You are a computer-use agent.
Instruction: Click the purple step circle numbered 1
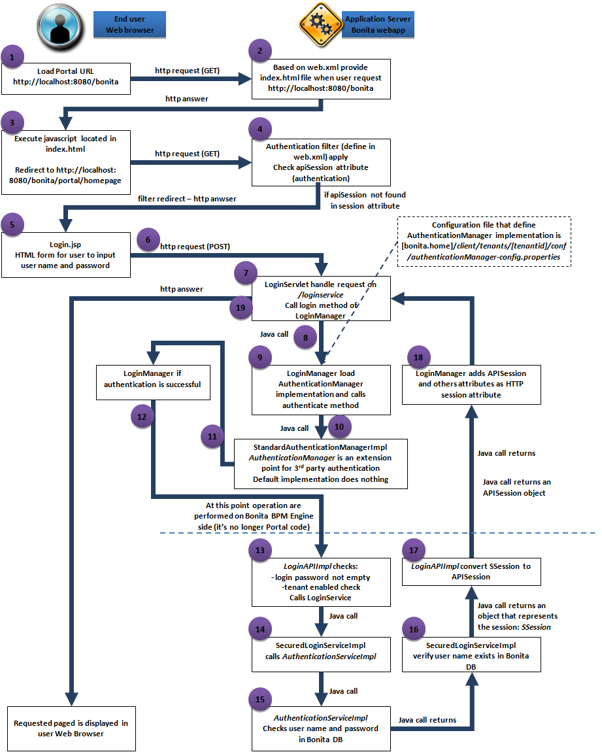coord(12,57)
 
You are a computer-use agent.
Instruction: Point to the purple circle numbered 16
coord(413,628)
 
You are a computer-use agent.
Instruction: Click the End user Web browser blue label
coord(129,24)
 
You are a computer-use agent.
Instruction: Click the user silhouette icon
coord(59,24)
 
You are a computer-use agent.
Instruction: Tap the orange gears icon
coord(318,24)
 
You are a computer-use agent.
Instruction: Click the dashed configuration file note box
coord(484,243)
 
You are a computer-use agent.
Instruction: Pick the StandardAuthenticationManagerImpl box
coord(321,463)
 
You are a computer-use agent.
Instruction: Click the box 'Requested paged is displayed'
coord(71,728)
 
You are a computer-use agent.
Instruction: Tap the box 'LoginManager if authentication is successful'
coord(153,380)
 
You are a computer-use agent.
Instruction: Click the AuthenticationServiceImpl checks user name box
coord(321,728)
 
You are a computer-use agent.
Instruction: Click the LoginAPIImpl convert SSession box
coord(471,572)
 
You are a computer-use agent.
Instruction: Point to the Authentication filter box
coord(321,162)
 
